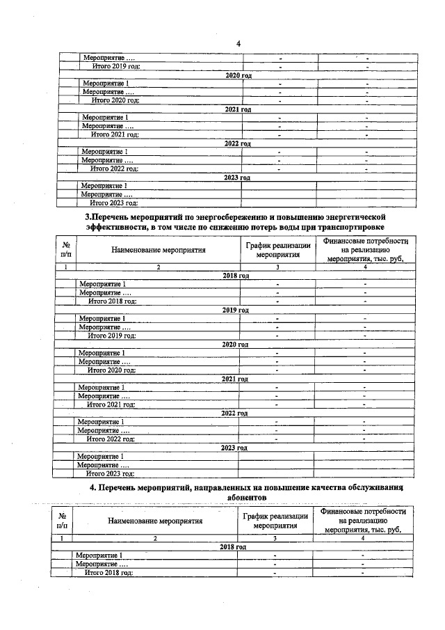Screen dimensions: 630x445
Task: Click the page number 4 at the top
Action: click(x=237, y=44)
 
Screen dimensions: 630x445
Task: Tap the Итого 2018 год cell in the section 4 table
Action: click(x=108, y=572)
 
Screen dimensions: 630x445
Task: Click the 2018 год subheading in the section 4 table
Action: click(x=234, y=547)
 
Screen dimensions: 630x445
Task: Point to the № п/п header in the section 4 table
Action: click(x=63, y=521)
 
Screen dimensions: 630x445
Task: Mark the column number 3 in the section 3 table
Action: click(x=277, y=267)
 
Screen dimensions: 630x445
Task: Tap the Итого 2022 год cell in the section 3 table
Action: click(x=111, y=439)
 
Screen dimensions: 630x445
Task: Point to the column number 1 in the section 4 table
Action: click(x=63, y=538)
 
